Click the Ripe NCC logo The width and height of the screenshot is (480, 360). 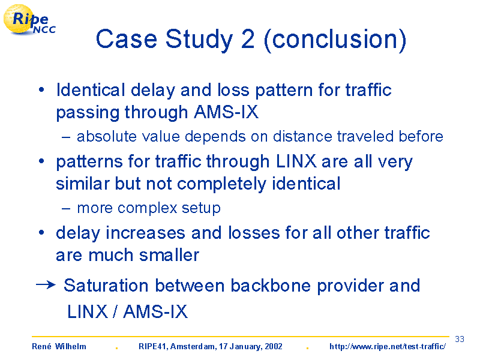tap(29, 20)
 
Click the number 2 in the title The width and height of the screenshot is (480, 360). tap(248, 39)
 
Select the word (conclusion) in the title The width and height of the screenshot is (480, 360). tap(335, 40)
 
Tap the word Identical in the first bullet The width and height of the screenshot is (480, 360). tap(91, 90)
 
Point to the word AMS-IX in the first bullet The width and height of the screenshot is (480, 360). tap(226, 112)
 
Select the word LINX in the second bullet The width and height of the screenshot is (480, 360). tap(296, 161)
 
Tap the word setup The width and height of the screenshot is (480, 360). tap(201, 209)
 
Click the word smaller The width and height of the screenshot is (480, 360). tap(169, 255)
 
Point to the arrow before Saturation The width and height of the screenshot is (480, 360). tap(46, 285)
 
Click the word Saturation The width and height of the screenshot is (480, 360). tap(106, 286)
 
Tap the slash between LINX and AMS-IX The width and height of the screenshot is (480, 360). tap(115, 311)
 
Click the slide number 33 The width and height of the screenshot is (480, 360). tap(460, 339)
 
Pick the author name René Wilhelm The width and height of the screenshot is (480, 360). tap(59, 346)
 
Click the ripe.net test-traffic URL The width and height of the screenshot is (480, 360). tap(388, 347)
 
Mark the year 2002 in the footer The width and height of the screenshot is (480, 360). tap(274, 346)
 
